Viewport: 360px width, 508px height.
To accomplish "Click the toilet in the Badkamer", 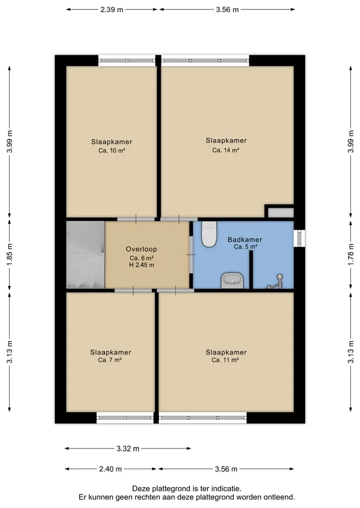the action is (x=209, y=234).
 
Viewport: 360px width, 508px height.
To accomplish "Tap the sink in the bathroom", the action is (x=232, y=281).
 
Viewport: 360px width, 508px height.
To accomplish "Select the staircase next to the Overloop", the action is (x=85, y=255).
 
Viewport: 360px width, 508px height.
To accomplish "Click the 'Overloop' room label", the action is (x=141, y=249).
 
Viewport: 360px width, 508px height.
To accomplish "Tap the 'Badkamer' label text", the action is (x=245, y=240).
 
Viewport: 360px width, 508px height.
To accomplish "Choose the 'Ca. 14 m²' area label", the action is (x=225, y=150).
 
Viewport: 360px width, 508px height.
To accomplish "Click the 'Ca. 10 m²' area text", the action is (x=112, y=150).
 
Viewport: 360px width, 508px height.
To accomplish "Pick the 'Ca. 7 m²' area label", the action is (x=110, y=360).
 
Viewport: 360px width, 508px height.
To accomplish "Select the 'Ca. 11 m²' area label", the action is (x=225, y=360).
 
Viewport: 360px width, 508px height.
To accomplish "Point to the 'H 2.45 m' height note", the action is (x=141, y=265).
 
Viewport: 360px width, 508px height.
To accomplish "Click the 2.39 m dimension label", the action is (x=112, y=9).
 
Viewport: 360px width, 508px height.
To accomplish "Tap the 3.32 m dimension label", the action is (x=128, y=449).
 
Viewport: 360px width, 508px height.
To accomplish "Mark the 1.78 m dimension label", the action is (x=350, y=255).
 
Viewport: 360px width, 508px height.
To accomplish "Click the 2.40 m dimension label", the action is (x=110, y=469).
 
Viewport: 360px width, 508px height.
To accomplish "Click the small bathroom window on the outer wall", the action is (x=299, y=238).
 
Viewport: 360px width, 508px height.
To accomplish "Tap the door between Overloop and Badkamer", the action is (x=191, y=255).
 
